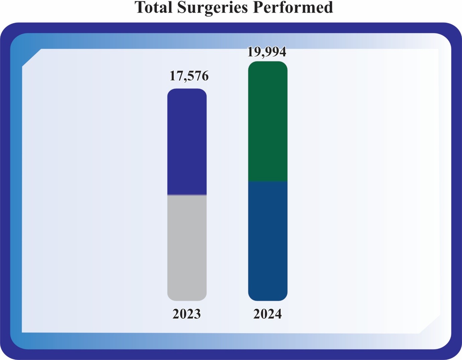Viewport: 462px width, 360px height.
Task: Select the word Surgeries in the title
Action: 212,8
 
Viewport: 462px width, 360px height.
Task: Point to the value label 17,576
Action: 189,76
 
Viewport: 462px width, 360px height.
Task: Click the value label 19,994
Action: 266,52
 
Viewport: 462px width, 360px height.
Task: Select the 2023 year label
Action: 186,314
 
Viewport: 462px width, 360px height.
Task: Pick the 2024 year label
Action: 267,314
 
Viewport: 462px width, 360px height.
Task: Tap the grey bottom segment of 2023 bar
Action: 187,248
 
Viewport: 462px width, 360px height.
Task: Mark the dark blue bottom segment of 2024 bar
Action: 267,241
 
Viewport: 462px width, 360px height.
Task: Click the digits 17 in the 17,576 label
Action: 175,76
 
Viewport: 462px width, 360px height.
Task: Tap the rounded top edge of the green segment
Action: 267,62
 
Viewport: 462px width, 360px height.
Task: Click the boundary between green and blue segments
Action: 267,181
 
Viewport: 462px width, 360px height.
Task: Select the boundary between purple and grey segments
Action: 187,195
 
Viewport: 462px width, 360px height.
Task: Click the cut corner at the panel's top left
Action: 31,58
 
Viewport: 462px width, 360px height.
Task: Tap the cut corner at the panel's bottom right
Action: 430,325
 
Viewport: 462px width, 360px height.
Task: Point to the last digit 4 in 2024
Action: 278,314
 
